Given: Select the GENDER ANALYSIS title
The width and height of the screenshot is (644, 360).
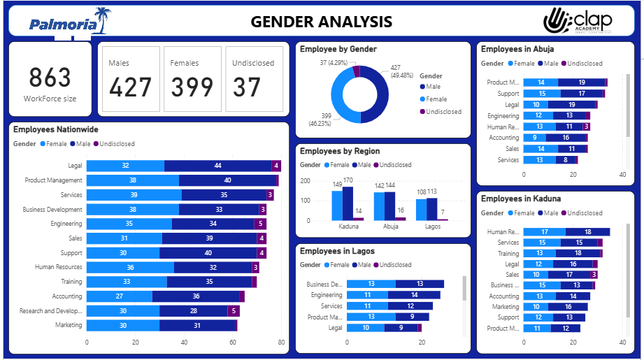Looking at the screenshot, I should tap(322, 22).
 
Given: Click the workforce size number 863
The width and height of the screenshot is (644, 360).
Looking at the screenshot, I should tap(50, 78).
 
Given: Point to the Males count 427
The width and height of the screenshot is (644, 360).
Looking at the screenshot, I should tap(130, 87).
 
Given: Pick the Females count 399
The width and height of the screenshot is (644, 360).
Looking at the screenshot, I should tap(192, 87).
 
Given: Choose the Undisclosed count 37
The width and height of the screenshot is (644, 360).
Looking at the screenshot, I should tap(247, 87).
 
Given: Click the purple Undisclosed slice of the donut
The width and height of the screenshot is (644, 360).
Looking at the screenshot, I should tap(357, 70).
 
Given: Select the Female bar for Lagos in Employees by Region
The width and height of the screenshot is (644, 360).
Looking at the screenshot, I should tap(421, 210).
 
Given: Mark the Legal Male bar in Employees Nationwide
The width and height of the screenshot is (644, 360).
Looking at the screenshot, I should tap(217, 166).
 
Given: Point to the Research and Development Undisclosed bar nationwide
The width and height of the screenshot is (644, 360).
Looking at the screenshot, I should tap(234, 311).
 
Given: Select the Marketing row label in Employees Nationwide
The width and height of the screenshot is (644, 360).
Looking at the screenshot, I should tap(69, 325).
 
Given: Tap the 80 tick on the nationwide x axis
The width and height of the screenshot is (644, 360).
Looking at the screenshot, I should tap(281, 343).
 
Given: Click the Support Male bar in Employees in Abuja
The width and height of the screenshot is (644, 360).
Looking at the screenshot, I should tap(581, 94).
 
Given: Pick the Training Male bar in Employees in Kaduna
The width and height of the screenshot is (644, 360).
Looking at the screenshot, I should tap(578, 254).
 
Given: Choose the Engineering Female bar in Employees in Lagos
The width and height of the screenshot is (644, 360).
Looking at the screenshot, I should tap(367, 295).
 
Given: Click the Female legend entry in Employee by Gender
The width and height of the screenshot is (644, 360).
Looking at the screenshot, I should tap(436, 99).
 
